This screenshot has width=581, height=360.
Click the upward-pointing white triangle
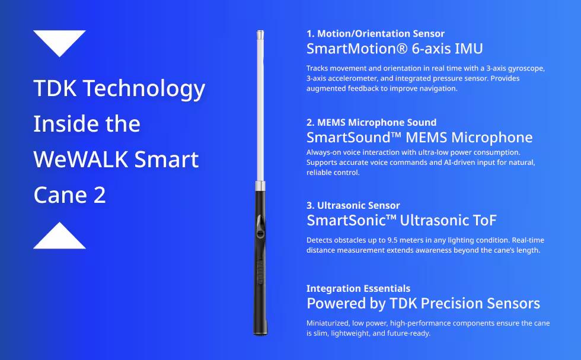click(x=59, y=237)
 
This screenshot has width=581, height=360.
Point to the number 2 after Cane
click(x=100, y=195)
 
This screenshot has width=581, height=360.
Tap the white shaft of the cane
click(x=260, y=107)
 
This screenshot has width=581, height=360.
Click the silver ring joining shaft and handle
click(x=260, y=187)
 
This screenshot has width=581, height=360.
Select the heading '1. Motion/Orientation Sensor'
click(x=375, y=34)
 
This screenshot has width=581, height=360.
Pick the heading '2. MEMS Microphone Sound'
click(x=371, y=123)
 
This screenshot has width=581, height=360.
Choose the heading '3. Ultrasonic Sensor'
click(x=353, y=206)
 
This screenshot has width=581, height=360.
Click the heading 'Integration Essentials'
click(x=358, y=289)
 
